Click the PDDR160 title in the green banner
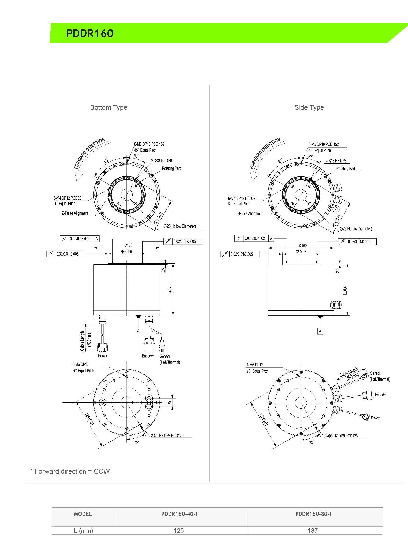[90, 33]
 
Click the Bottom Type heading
[108, 107]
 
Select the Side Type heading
[309, 107]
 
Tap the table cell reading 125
[179, 530]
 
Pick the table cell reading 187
[313, 530]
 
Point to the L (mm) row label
[84, 530]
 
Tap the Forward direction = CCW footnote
[70, 471]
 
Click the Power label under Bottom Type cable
[103, 356]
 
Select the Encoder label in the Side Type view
[381, 395]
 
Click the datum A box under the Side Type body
[320, 331]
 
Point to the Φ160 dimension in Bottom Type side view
[128, 245]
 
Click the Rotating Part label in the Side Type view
[346, 168]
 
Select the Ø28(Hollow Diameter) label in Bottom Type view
[180, 226]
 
